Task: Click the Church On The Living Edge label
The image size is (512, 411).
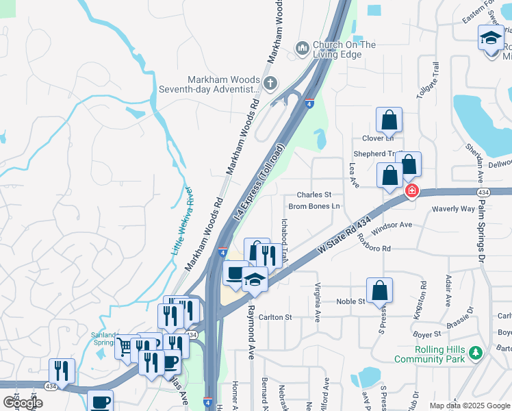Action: tap(344, 49)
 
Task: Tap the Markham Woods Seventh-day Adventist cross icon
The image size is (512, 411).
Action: tap(270, 84)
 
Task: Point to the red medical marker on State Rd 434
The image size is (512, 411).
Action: tap(412, 190)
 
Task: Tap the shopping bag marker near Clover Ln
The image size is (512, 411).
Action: tap(389, 120)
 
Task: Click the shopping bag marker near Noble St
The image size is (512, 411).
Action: tap(379, 290)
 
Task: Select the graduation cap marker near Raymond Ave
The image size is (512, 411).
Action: tap(255, 279)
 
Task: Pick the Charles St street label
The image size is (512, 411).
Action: tap(313, 195)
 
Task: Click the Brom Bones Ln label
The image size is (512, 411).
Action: tap(314, 206)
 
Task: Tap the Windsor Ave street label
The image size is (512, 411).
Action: tap(392, 225)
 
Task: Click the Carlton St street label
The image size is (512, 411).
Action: tap(276, 317)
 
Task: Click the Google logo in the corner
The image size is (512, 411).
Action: tap(23, 402)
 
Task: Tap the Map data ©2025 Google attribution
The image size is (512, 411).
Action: tap(469, 406)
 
